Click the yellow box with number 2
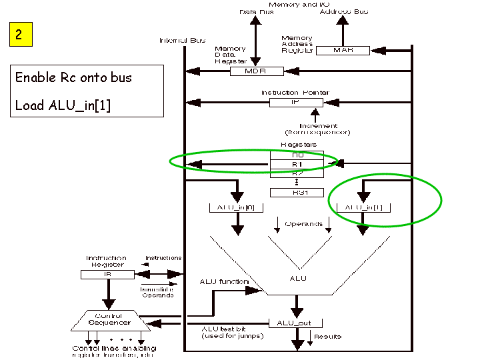[x=19, y=35]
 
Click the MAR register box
[x=342, y=51]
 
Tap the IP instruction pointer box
[x=296, y=103]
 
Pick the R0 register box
[x=297, y=155]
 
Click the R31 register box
[x=297, y=192]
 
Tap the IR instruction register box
[x=107, y=274]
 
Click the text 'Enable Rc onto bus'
[x=73, y=77]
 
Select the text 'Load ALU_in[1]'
[x=63, y=105]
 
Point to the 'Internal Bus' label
[x=182, y=40]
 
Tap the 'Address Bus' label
[x=343, y=12]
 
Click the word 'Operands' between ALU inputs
[x=304, y=224]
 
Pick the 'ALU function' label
[x=224, y=282]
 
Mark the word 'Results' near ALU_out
[x=327, y=337]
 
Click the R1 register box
[x=297, y=163]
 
